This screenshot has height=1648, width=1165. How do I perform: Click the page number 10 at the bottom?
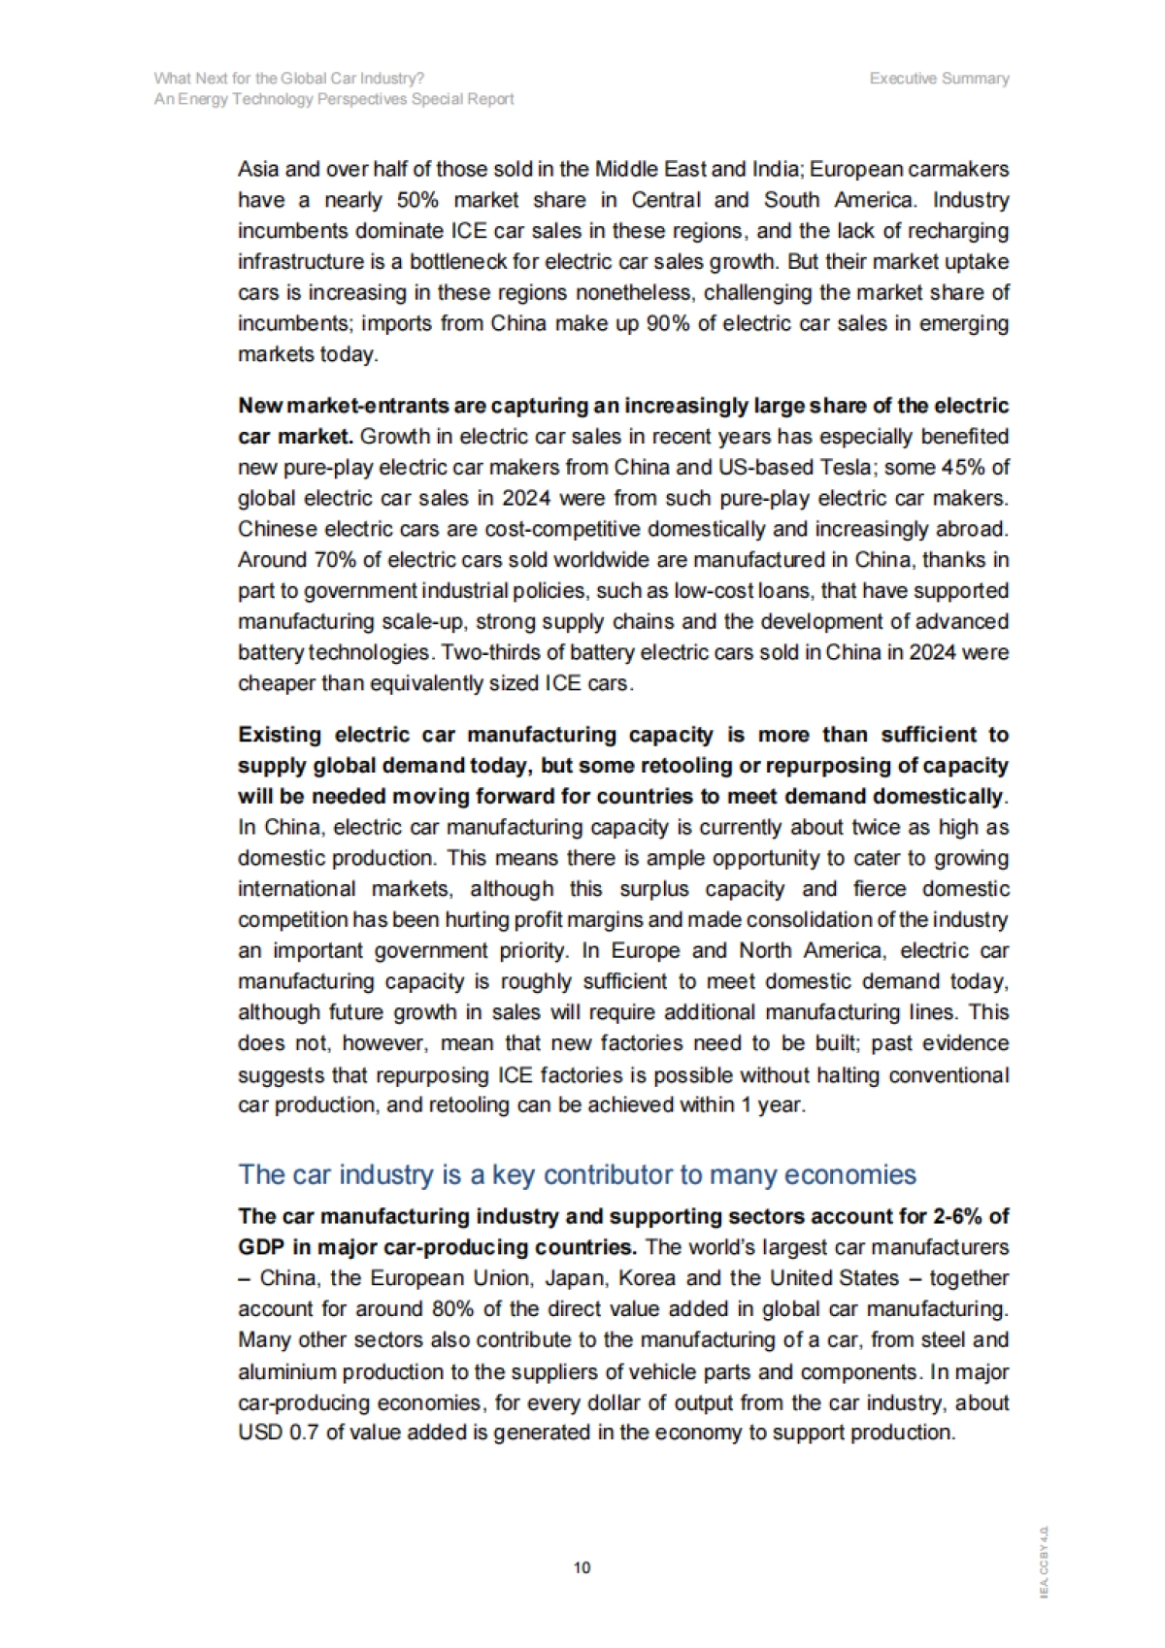coord(582,1567)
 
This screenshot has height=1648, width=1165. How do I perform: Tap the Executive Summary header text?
coord(939,79)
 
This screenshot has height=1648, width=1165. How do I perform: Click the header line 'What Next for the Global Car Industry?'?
coord(288,79)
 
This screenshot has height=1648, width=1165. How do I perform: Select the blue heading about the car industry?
coord(577,1174)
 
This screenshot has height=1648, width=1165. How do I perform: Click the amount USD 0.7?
coord(278,1433)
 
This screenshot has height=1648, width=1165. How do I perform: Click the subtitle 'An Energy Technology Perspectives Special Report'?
coord(334,99)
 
